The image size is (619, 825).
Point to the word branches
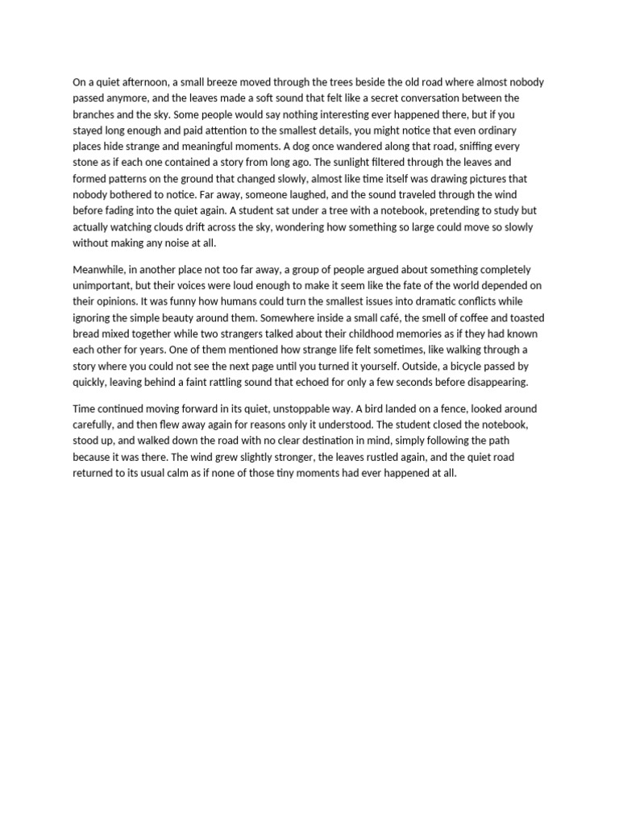tap(95, 114)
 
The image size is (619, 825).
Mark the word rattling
tap(239, 382)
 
